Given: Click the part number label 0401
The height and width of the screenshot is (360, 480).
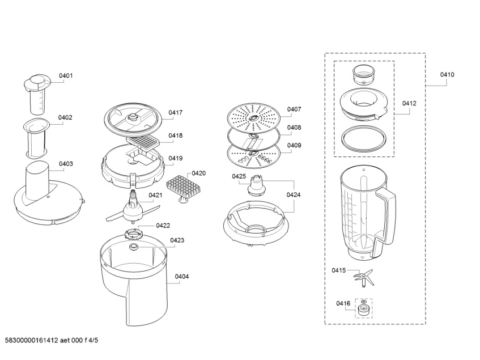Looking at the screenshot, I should coord(66,76).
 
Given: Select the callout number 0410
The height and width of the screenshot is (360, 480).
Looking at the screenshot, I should coord(447,75).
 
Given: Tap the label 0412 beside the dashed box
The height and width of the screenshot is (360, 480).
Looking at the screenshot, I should coord(409,103).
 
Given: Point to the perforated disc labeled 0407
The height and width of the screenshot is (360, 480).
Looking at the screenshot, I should coord(254,116).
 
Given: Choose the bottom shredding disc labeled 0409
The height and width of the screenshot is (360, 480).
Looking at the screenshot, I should coord(253,154).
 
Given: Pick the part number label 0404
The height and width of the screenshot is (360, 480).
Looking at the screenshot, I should coord(182,277).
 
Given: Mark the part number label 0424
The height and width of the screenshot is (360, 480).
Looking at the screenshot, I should coord(293,195).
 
